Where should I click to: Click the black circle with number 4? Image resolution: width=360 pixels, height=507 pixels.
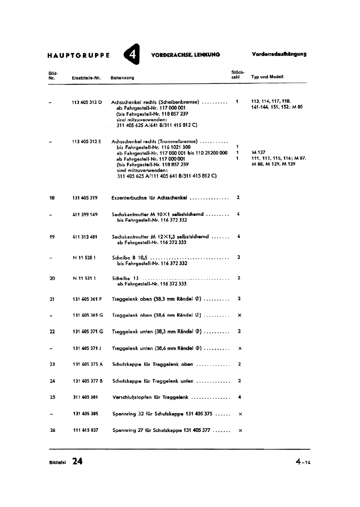click(x=132, y=54)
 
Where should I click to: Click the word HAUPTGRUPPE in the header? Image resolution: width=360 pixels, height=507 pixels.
click(x=79, y=55)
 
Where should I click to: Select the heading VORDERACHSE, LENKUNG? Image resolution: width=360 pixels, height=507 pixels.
click(x=186, y=55)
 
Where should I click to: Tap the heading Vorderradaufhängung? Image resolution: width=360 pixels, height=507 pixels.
click(x=279, y=54)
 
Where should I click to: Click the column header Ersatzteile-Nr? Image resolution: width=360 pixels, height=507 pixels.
click(x=86, y=78)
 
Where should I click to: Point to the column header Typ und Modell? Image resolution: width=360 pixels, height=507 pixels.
click(x=267, y=77)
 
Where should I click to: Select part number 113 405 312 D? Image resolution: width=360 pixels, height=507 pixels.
click(x=87, y=102)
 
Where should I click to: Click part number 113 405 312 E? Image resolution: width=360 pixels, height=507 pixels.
click(x=87, y=142)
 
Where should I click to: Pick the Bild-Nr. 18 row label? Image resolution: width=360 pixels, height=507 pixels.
click(x=52, y=198)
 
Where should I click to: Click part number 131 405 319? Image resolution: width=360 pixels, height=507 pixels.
click(x=85, y=198)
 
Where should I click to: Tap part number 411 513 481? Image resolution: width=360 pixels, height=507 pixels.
click(x=85, y=237)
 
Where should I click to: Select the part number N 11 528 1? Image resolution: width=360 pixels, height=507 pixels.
click(x=84, y=258)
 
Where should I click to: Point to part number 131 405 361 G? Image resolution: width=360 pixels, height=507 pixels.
click(x=88, y=315)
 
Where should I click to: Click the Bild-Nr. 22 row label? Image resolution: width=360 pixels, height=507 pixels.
click(x=52, y=332)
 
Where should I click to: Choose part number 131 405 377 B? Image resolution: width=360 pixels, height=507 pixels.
click(x=88, y=381)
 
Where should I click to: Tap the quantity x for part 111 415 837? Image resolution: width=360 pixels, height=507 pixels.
click(x=240, y=431)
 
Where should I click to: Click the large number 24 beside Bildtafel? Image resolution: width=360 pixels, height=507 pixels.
click(x=77, y=461)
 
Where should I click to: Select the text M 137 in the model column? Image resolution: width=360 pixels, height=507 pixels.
click(x=258, y=153)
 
